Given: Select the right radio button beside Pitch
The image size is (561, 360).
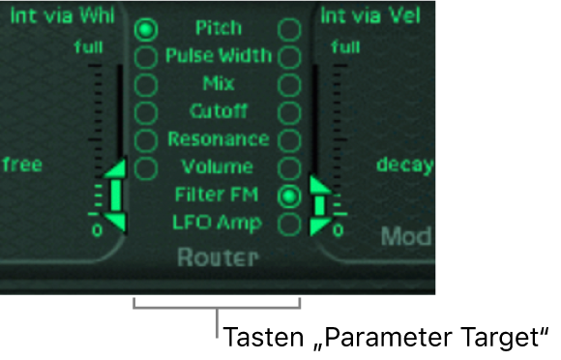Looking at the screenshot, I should (288, 29).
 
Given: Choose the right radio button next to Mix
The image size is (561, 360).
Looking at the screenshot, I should (288, 84).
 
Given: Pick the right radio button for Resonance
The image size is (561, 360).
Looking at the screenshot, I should (288, 140).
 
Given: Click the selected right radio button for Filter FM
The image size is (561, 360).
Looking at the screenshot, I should (288, 195).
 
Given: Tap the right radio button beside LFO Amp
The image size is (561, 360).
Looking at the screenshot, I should (288, 224).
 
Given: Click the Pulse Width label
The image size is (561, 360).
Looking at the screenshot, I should (218, 55).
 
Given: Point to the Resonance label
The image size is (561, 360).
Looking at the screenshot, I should (218, 139).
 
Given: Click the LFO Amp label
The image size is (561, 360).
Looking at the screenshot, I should (218, 223).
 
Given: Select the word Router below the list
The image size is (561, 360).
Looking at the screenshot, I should (218, 257).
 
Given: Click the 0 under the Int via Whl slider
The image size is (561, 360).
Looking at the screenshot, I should (98, 231).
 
